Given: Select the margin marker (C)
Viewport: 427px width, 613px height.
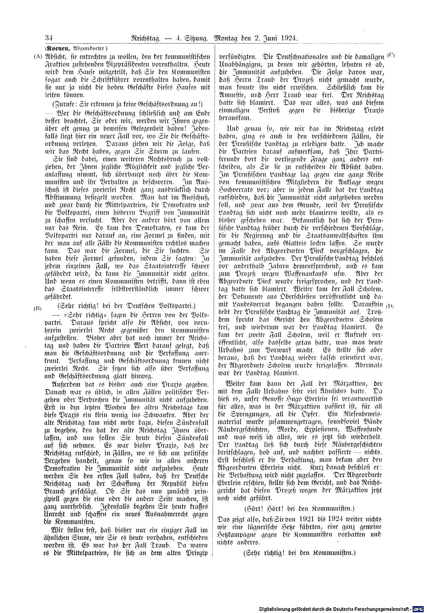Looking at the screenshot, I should point(391,56).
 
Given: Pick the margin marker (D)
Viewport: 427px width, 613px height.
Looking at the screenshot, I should point(390,306).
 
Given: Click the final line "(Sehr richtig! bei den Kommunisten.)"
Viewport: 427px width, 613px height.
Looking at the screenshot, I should point(299,552).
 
